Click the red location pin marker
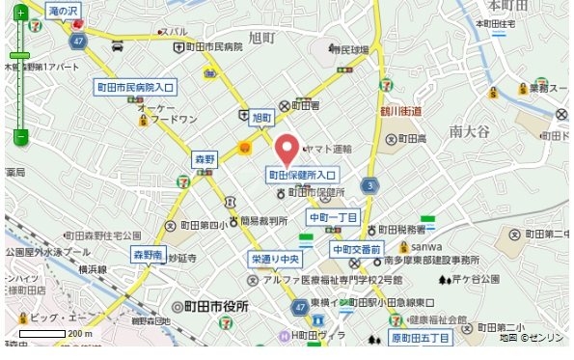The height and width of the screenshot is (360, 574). pos(287,150)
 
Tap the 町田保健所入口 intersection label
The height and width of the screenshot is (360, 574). pos(302,175)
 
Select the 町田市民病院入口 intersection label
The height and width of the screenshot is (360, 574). pos(135,87)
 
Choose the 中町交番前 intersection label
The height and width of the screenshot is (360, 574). pos(356,249)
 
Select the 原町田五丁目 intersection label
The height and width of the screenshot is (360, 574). pos(420,338)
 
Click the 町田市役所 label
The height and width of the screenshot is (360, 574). pos(211,306)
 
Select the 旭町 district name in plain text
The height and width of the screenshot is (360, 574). pos(261,38)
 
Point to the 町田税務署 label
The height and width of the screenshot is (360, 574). pos(402,230)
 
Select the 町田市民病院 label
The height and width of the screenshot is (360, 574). pos(213,46)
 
